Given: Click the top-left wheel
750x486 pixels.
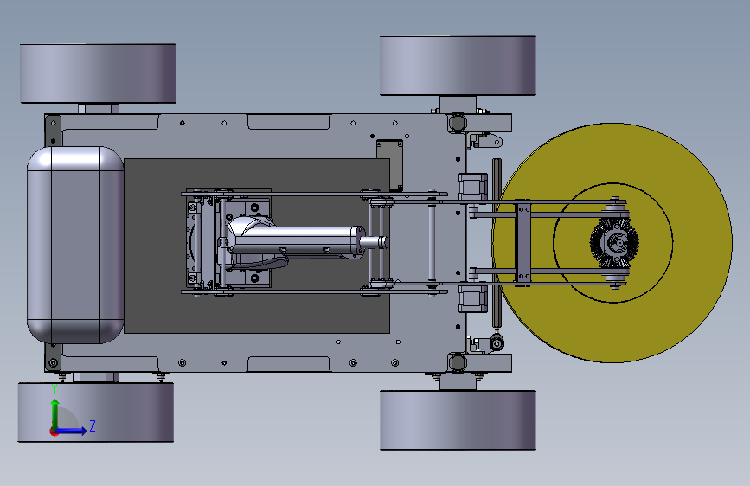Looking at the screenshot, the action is click(x=98, y=74).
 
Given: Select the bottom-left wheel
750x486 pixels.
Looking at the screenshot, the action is click(x=96, y=412).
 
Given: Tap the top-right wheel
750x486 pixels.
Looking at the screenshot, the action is click(x=458, y=66).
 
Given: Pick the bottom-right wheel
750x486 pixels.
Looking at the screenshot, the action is click(x=458, y=420).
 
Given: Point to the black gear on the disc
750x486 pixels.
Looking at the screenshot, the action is click(x=614, y=242).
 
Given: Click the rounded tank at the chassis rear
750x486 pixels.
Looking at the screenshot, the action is click(x=75, y=245).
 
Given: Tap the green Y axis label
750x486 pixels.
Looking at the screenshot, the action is click(x=54, y=389).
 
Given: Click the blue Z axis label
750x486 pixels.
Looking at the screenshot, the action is click(x=93, y=425).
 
